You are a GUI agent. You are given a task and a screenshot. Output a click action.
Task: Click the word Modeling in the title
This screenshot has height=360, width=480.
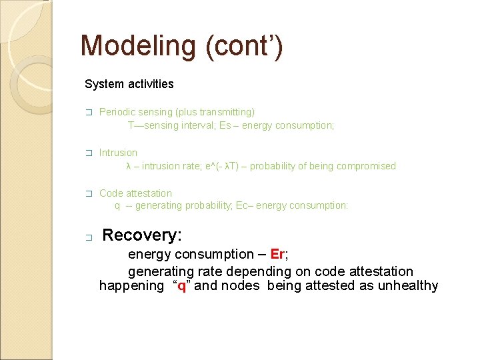click(x=137, y=47)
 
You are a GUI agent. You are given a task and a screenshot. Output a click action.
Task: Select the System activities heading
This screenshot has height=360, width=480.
click(x=129, y=84)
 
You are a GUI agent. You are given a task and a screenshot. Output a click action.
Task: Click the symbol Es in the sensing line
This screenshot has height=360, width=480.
click(x=225, y=125)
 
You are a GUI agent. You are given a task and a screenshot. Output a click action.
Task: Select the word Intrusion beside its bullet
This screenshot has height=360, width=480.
click(x=118, y=153)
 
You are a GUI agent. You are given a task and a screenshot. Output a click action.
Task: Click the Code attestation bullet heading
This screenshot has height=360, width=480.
click(x=135, y=193)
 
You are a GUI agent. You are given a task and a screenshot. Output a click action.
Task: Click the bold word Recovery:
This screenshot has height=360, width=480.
click(x=142, y=235)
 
